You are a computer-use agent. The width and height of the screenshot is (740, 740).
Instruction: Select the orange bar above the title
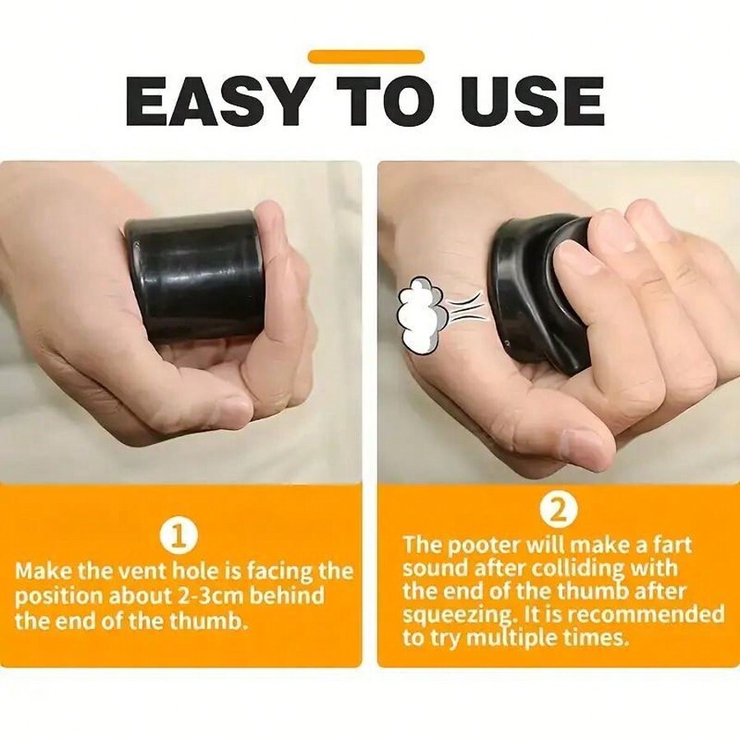[x=366, y=57]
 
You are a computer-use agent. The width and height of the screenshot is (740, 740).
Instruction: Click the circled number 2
[x=557, y=511]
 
